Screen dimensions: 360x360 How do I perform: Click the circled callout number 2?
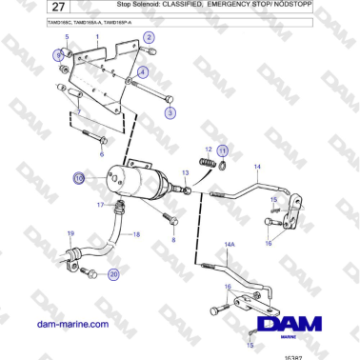tap(149, 37)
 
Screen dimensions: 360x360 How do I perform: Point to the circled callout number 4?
tap(142, 71)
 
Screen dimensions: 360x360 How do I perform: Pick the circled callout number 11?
tap(222, 150)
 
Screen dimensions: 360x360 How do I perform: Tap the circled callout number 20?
tap(113, 274)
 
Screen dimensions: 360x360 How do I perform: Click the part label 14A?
tap(229, 245)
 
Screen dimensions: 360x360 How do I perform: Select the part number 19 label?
tap(69, 234)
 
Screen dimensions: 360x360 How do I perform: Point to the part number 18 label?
tap(135, 234)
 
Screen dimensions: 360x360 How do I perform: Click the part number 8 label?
tap(172, 241)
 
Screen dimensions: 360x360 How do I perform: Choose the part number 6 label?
tap(102, 152)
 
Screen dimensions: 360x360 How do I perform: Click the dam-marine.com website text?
tap(71, 325)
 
